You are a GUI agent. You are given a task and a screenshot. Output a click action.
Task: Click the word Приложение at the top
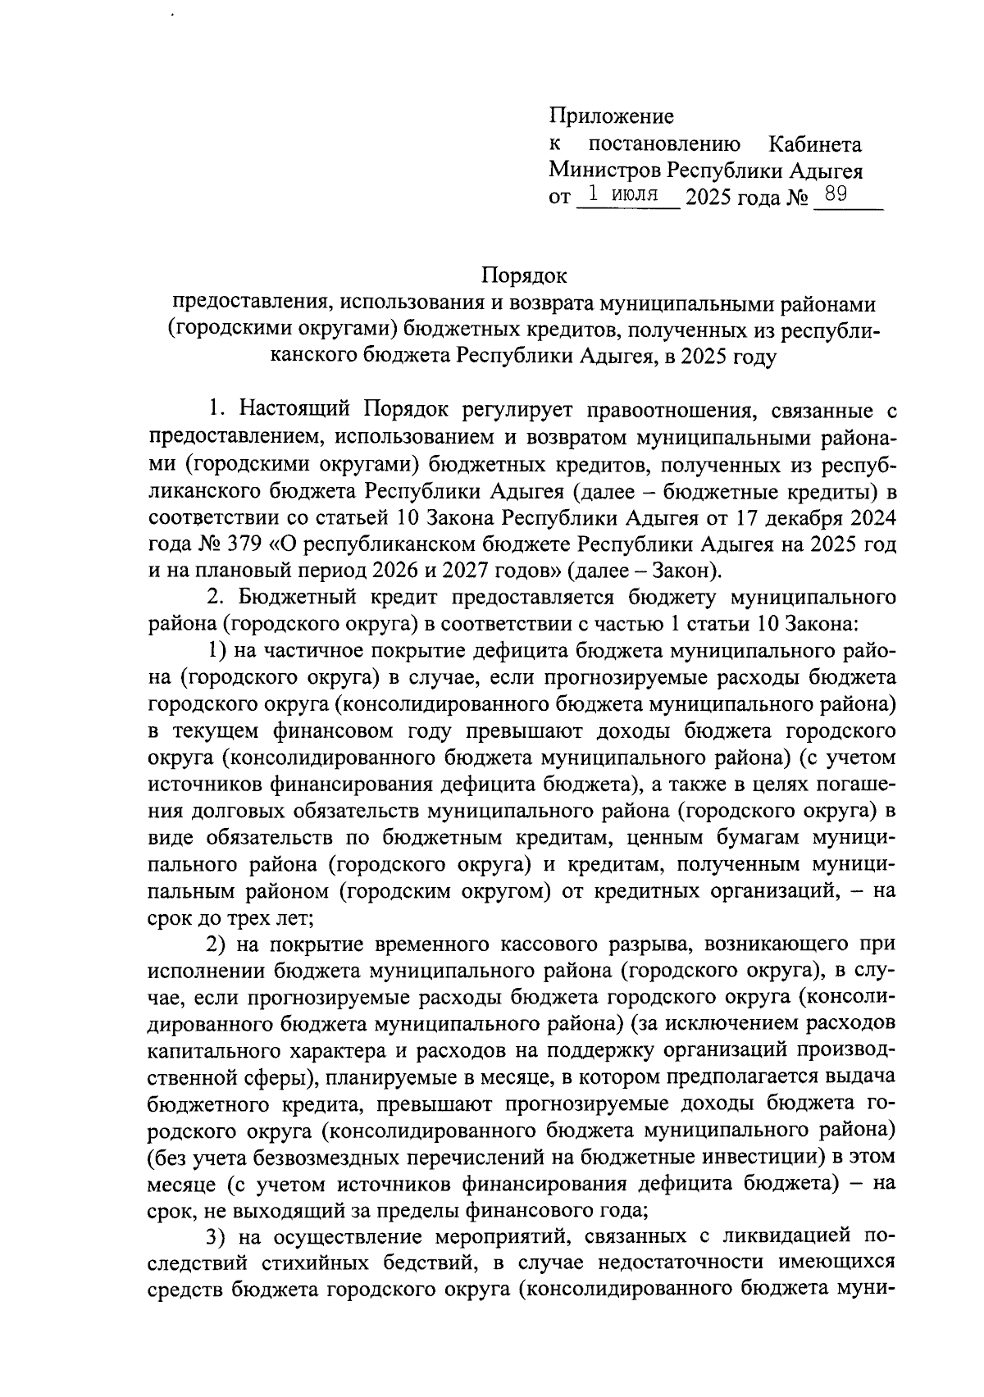coord(611,116)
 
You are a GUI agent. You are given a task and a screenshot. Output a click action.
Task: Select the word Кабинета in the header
coord(814,145)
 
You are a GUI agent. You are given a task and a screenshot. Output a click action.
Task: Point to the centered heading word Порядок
coord(524,275)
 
